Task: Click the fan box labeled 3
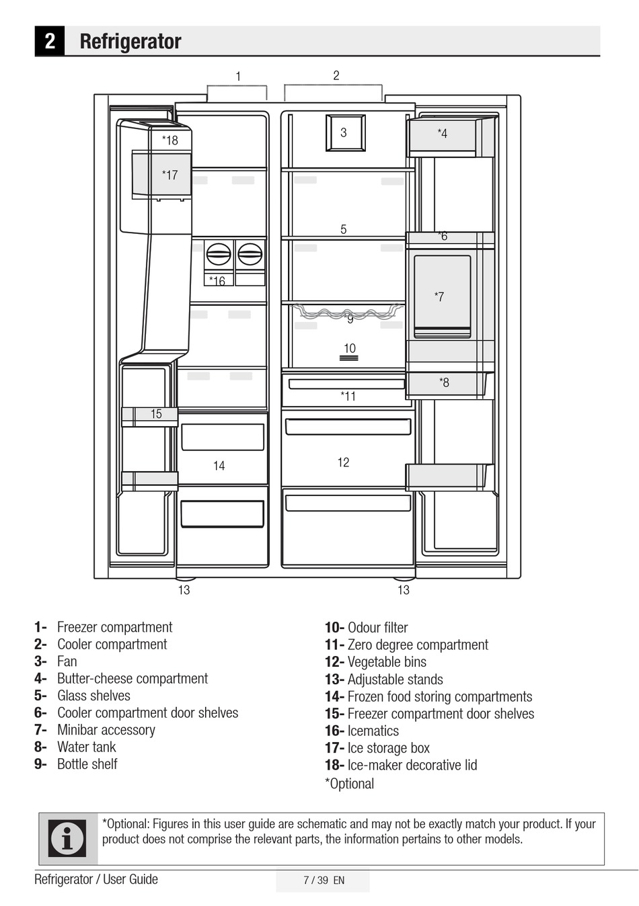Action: coord(344,133)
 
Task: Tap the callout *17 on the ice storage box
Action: coord(170,175)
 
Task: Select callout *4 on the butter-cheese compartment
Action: coord(442,134)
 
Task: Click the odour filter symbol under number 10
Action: coord(348,359)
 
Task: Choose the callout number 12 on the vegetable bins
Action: coord(343,462)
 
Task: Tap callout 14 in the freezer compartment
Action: coord(219,466)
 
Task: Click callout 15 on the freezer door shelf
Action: coord(156,415)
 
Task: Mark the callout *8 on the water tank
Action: coord(444,383)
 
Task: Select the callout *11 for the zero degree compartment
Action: coord(348,397)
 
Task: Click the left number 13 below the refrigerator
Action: coord(184,590)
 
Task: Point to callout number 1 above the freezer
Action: coord(238,77)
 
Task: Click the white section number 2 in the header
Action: coord(50,41)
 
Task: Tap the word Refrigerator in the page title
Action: coord(130,42)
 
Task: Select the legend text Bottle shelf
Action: coord(87,764)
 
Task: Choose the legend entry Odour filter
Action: coord(377,628)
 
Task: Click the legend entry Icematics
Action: coord(373,731)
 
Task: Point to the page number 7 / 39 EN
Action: coord(324,880)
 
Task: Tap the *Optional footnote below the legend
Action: coord(349,784)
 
